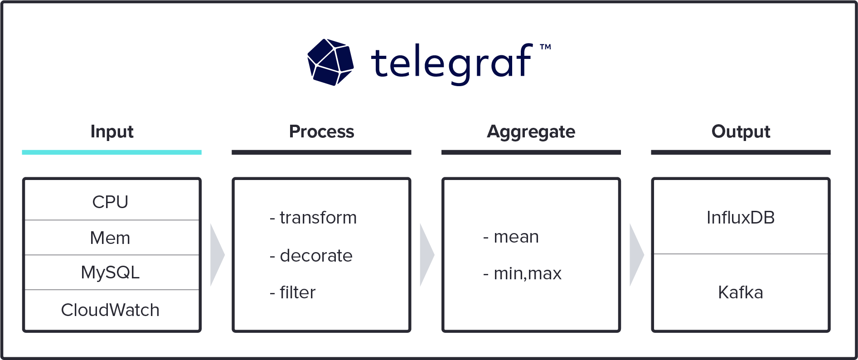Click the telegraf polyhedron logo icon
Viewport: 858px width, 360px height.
330,62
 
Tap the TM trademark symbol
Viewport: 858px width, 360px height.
545,47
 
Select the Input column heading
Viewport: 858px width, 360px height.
112,131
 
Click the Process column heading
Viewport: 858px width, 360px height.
321,131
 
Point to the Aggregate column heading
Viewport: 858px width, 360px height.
531,132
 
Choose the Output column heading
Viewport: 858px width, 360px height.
741,131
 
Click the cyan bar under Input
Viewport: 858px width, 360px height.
111,152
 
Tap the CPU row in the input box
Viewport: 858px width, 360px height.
110,202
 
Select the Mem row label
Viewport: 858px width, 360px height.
110,238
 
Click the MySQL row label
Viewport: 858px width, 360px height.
110,272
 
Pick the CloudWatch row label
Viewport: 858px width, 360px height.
110,310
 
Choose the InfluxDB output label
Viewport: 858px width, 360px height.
741,218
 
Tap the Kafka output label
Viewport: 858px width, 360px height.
741,292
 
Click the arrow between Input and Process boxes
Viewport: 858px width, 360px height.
217,255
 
